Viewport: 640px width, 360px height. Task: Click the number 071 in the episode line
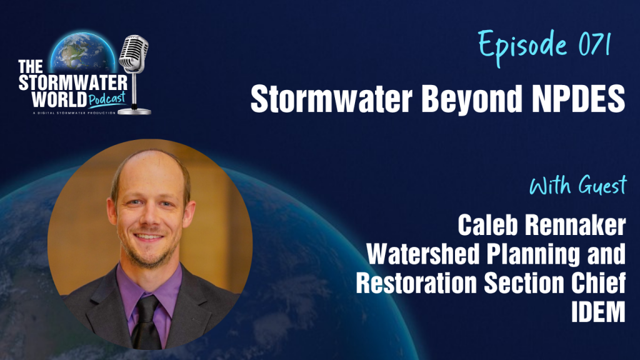(594, 45)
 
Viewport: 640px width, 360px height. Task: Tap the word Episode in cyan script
(522, 47)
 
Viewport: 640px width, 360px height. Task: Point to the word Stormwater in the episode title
(331, 99)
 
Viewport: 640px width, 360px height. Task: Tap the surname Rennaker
(575, 225)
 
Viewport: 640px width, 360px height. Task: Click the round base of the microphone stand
(135, 111)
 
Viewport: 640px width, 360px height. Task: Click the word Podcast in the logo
(107, 99)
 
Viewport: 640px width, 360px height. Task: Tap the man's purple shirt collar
(147, 291)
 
